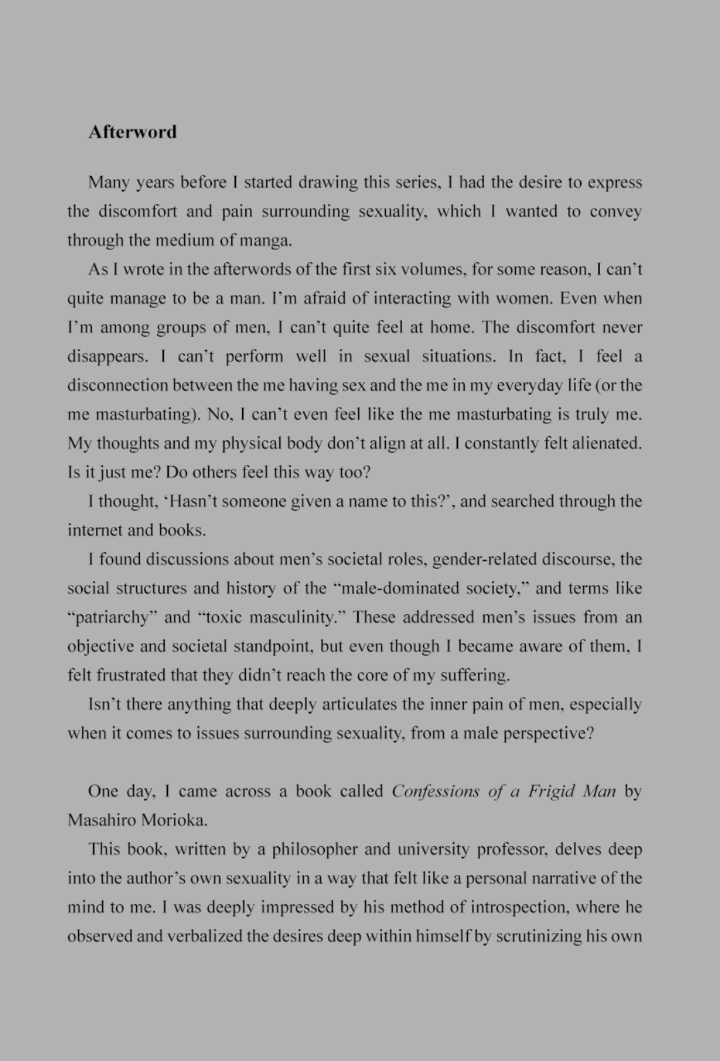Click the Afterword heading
tap(133, 131)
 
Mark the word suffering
tap(474, 676)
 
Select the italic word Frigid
tap(551, 792)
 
